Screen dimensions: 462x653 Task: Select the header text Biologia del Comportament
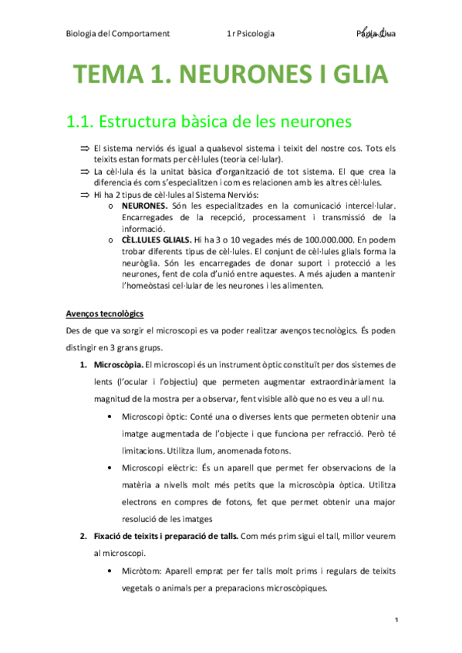pos(117,34)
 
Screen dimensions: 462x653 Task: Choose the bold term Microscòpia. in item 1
pos(117,364)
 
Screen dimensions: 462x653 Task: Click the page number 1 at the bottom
pos(395,620)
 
